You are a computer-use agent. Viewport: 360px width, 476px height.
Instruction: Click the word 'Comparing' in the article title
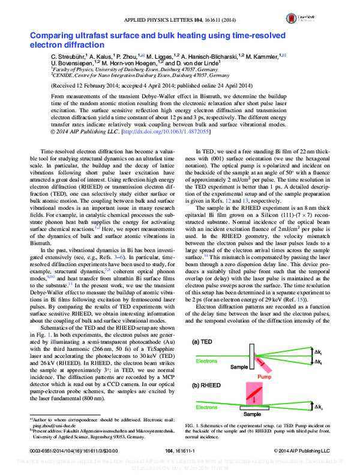56,35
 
